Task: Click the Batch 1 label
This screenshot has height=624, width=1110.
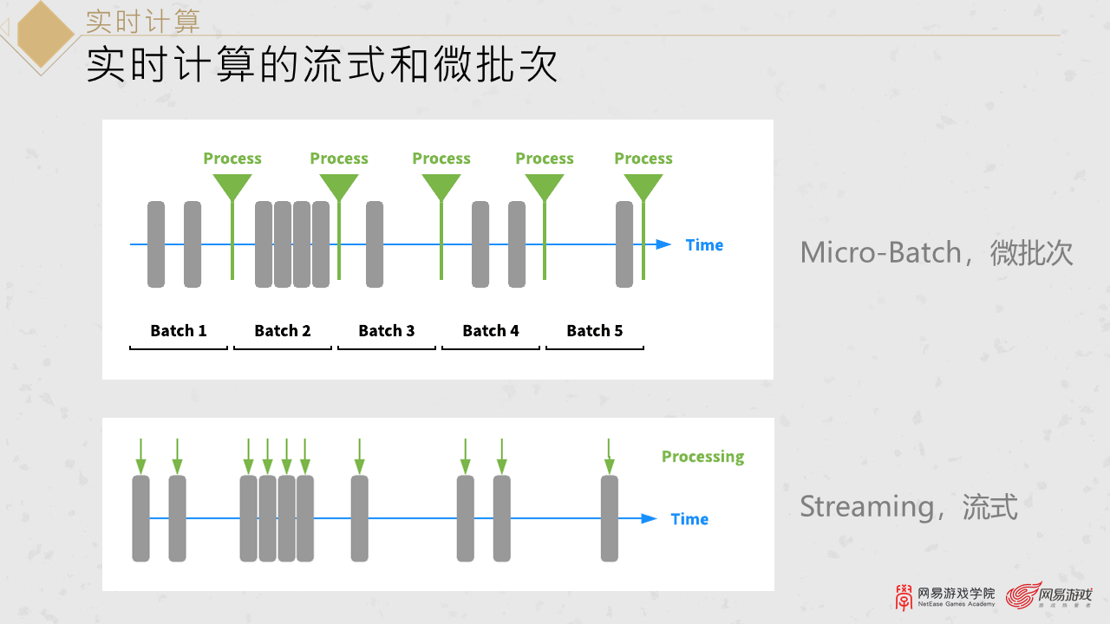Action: coord(179,330)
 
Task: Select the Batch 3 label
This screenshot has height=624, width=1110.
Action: coord(387,330)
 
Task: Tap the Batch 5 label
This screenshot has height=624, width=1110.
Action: coord(595,330)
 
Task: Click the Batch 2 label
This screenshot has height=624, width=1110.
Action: coord(283,330)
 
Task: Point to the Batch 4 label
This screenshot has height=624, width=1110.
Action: coord(491,330)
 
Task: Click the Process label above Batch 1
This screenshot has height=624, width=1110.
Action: coord(232,159)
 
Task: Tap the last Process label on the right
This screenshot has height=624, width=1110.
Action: coord(643,159)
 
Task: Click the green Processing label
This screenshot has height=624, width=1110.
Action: coord(702,457)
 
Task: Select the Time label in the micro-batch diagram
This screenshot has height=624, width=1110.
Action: coord(704,245)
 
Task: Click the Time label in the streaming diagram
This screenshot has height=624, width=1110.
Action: coord(689,519)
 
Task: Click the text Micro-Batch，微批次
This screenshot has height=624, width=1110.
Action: coord(937,253)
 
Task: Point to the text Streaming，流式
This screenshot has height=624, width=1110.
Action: coord(908,506)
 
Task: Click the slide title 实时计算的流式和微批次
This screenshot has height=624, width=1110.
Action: coord(322,66)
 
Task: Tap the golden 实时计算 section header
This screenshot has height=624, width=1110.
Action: coord(142,21)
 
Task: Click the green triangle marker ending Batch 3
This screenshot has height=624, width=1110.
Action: coord(441,186)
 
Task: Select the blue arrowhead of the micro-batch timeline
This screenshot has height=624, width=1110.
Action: coord(663,244)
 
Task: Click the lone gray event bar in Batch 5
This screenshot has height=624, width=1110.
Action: coord(624,244)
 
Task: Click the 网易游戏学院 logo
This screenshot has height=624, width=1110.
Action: coord(945,596)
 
